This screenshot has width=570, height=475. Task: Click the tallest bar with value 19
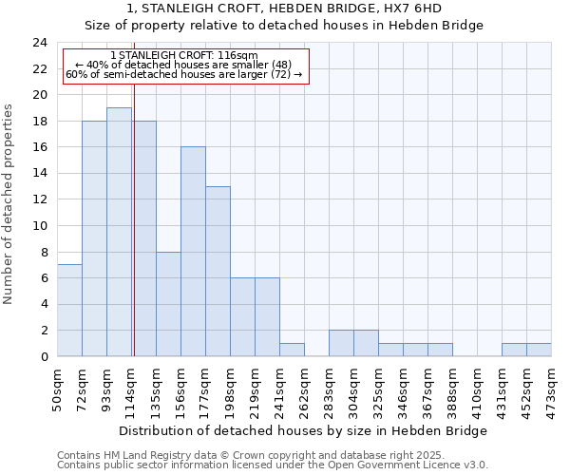(119, 232)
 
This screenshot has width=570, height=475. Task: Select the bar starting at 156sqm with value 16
(193, 252)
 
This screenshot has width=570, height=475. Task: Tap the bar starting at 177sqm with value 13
(218, 271)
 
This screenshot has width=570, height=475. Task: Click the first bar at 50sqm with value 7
(69, 311)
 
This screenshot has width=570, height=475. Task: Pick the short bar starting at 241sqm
(292, 350)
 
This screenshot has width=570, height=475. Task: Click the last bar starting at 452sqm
(539, 350)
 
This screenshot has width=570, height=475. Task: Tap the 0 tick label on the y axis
(44, 356)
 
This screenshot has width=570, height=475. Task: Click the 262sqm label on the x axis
(304, 387)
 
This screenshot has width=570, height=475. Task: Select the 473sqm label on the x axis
(551, 387)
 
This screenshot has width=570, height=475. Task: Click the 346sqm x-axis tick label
(403, 387)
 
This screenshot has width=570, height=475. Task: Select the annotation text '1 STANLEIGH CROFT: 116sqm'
(183, 56)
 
